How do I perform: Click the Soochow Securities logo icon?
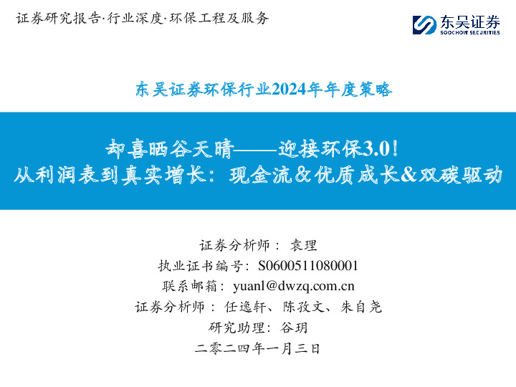[424, 25]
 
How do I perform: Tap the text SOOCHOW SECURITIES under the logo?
[469, 32]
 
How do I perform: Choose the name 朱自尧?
[360, 307]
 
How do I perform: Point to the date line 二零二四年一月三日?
[257, 349]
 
